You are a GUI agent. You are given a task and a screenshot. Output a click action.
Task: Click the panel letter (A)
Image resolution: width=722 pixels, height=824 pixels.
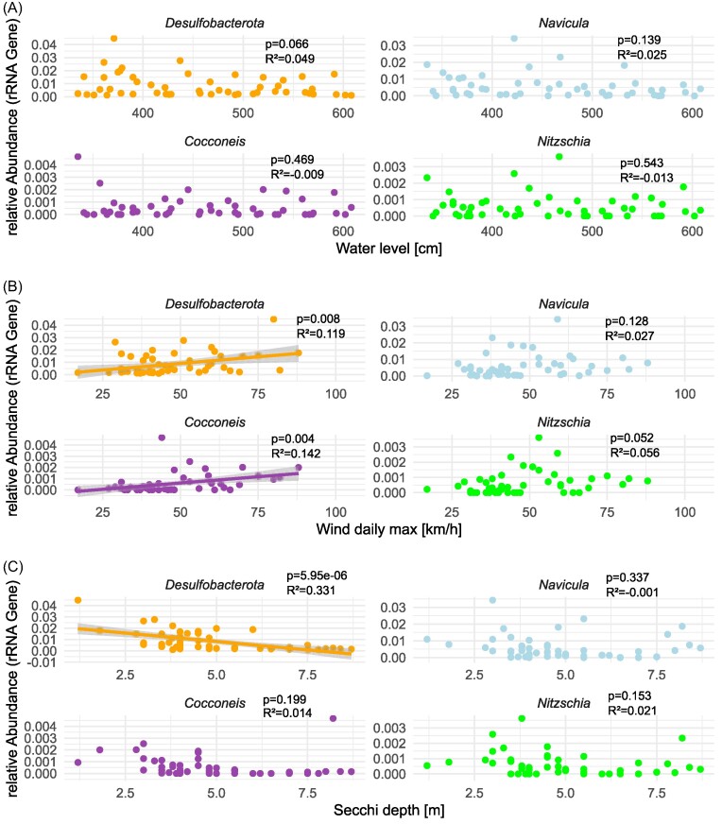(x=12, y=8)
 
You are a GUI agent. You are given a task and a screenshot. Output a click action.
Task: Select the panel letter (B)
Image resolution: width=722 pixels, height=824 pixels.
(x=12, y=286)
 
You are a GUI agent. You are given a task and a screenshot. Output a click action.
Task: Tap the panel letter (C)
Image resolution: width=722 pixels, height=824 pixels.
(x=12, y=567)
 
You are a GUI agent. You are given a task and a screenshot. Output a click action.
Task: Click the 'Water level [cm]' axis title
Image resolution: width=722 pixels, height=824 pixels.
(x=388, y=249)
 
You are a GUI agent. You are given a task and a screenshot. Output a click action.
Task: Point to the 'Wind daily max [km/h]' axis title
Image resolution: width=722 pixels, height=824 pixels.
(x=388, y=529)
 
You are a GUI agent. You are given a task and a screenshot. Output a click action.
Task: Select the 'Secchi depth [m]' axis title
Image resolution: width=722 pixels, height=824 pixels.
(x=388, y=811)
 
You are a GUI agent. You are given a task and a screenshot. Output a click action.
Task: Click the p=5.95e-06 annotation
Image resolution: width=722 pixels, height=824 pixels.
(x=317, y=576)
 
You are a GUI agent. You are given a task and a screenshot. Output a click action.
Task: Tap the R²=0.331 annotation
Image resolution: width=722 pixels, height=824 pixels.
(x=311, y=591)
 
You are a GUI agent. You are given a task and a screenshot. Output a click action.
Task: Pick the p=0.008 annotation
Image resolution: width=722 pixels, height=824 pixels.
(x=318, y=319)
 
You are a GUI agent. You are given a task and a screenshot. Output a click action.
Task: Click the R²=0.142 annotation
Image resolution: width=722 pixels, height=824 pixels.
(x=296, y=454)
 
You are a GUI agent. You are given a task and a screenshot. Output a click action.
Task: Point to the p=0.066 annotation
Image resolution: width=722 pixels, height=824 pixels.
(x=287, y=44)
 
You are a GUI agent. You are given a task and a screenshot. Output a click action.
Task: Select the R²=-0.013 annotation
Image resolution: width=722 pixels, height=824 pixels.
(x=646, y=178)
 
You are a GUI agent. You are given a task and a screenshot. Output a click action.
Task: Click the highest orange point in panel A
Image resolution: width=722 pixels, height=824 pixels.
(x=113, y=39)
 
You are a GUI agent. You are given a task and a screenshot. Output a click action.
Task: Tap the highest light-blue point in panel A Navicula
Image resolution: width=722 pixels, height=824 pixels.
(x=514, y=39)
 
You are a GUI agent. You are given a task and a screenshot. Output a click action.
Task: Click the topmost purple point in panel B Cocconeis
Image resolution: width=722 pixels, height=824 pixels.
(x=162, y=438)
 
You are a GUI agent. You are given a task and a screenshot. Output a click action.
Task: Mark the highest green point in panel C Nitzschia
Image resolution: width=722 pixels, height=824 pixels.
(x=522, y=718)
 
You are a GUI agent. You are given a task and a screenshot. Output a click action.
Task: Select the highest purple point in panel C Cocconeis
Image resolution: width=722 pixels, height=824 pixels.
(x=333, y=718)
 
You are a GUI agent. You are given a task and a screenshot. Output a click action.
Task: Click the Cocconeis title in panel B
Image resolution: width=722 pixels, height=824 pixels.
(x=215, y=422)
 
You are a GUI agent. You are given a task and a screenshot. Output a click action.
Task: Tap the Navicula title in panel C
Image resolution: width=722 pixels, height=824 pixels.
(x=564, y=585)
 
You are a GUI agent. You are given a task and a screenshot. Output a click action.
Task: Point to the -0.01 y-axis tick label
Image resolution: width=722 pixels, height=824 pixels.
(x=43, y=662)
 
